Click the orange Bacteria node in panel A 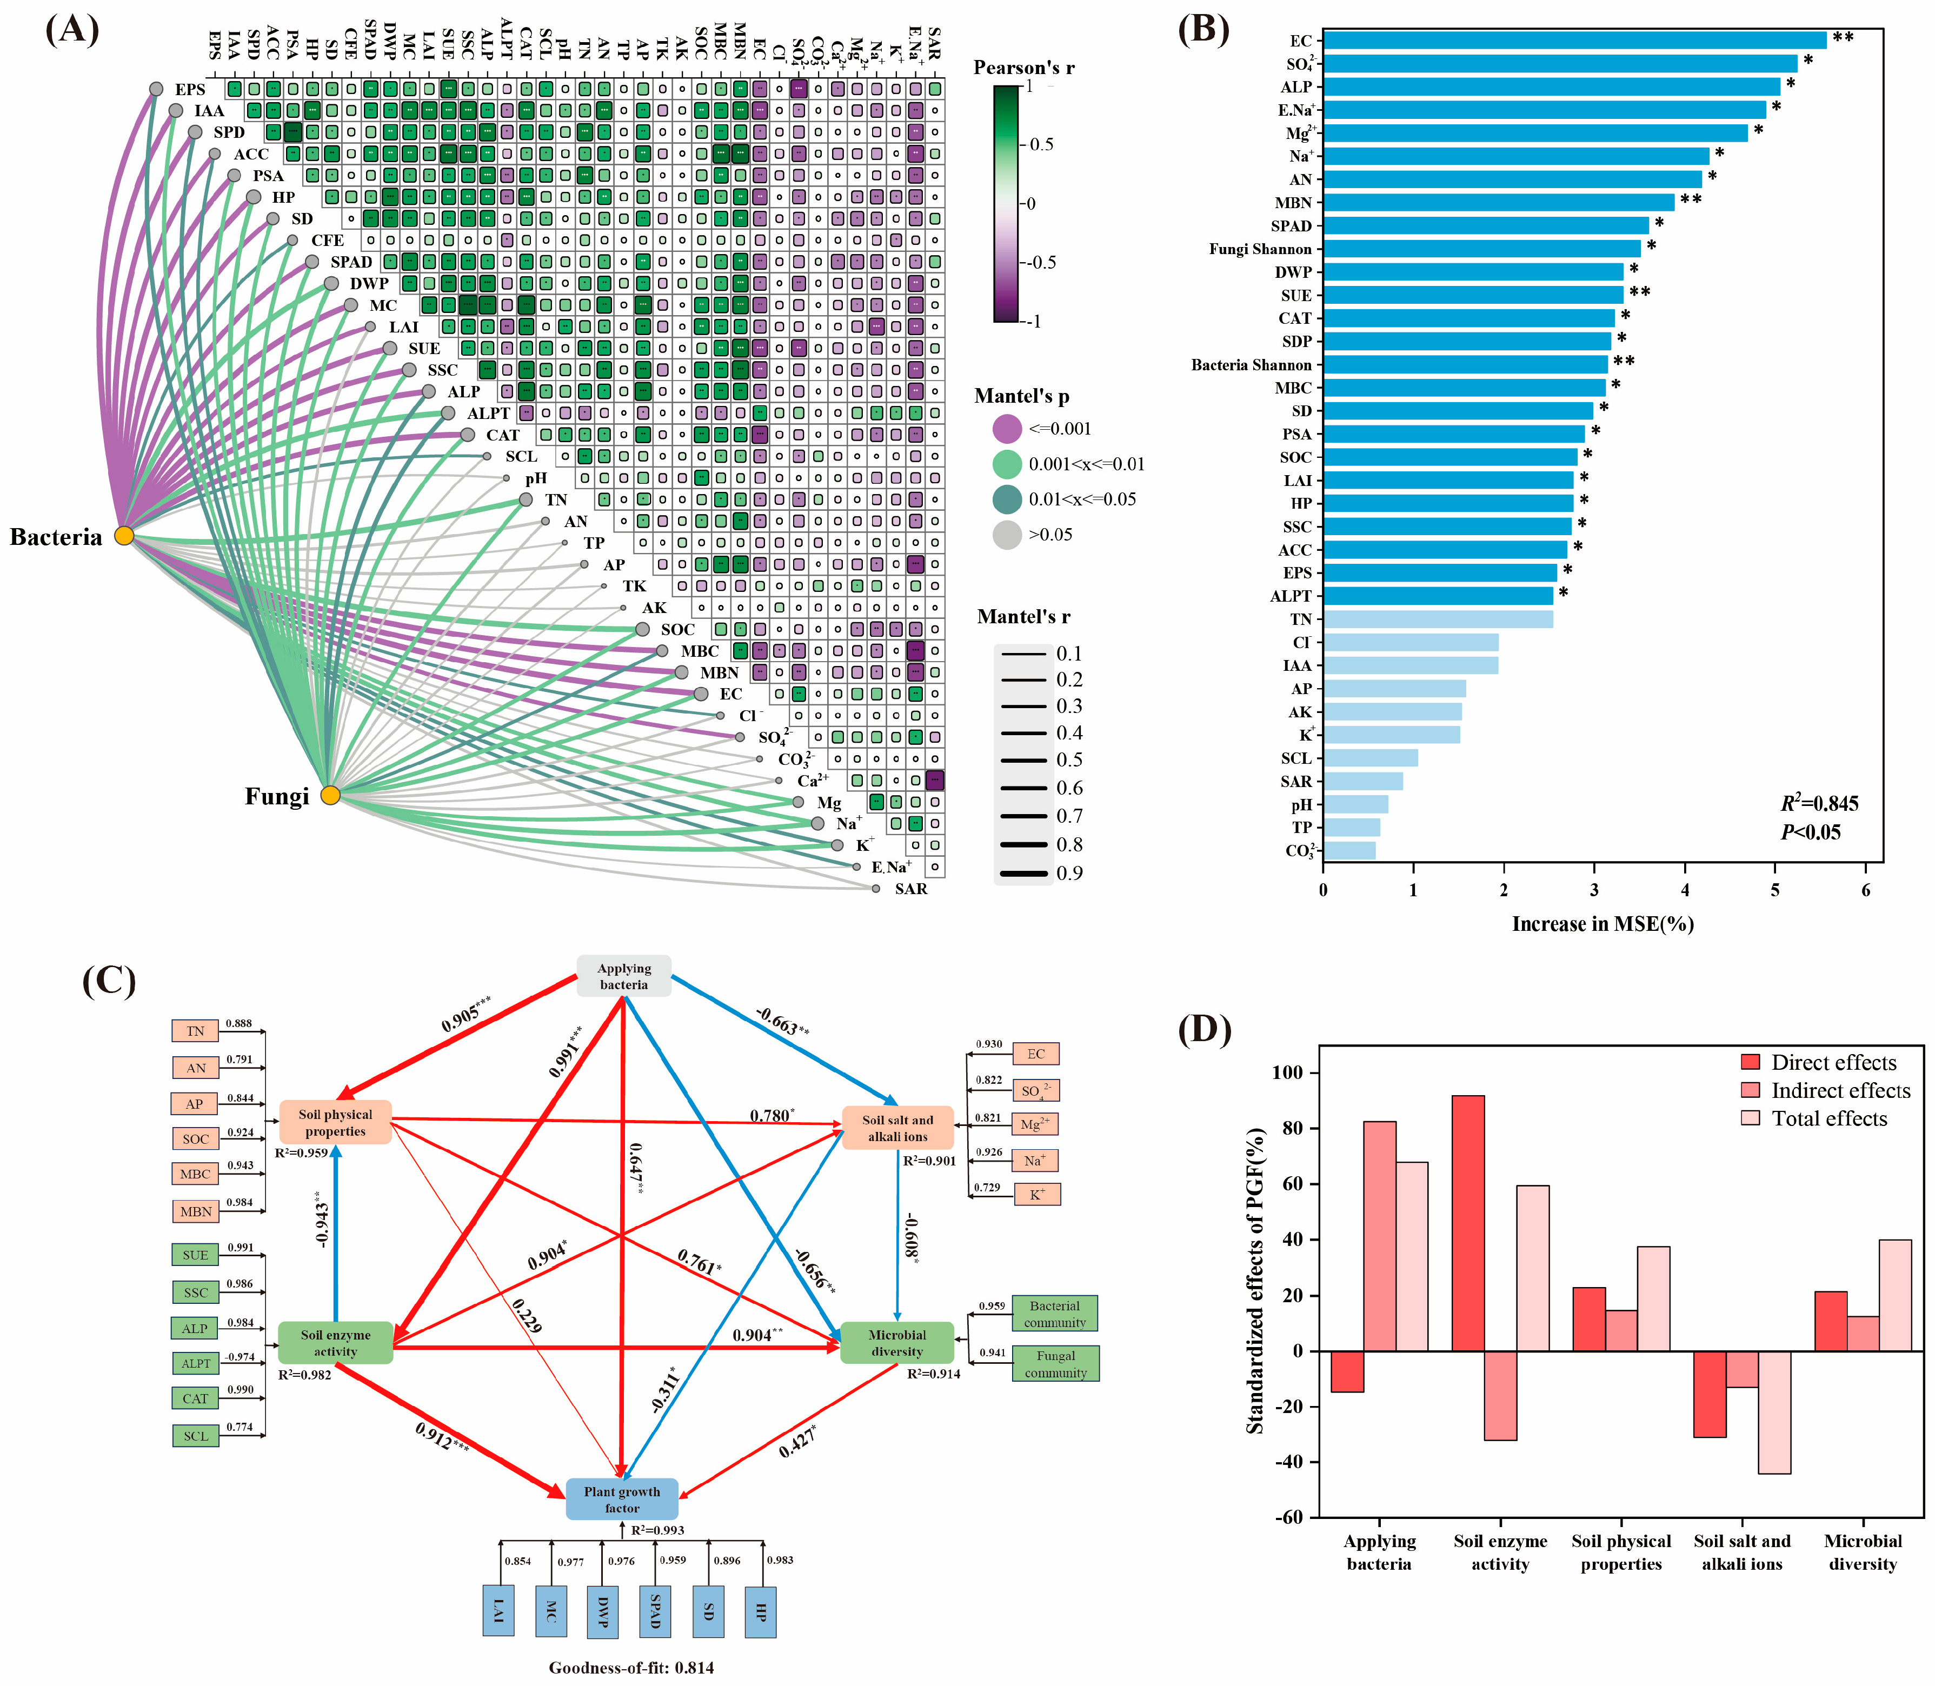[124, 536]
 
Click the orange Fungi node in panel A [329, 796]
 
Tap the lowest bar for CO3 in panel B [1349, 850]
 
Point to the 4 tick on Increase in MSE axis [1685, 890]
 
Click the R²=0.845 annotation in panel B [1818, 803]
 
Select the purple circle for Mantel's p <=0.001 [1007, 429]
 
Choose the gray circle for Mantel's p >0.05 [1007, 535]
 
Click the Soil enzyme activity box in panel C [335, 1343]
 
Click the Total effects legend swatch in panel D [1751, 1118]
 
